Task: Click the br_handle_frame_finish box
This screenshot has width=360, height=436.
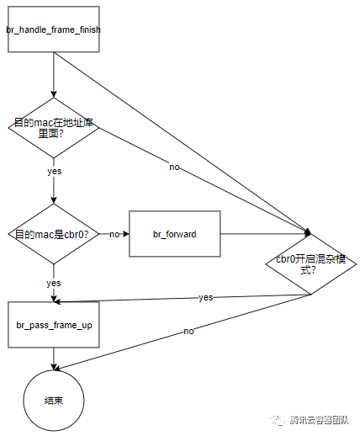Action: pyautogui.click(x=54, y=29)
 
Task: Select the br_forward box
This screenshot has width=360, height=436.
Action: pyautogui.click(x=175, y=234)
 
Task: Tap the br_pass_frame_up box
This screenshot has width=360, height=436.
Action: pyautogui.click(x=54, y=325)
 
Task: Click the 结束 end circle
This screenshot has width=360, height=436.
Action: pyautogui.click(x=54, y=401)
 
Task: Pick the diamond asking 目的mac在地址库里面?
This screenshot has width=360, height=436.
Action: pyautogui.click(x=54, y=128)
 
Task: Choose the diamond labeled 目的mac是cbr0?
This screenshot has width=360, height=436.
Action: pyautogui.click(x=54, y=234)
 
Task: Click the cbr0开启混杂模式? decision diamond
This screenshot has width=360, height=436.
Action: pyautogui.click(x=311, y=264)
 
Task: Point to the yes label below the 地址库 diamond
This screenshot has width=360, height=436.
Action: pyautogui.click(x=55, y=171)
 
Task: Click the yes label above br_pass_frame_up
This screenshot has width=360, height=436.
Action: pyautogui.click(x=54, y=283)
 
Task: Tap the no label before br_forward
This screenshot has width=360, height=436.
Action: pyautogui.click(x=114, y=234)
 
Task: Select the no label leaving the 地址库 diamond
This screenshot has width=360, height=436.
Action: pyautogui.click(x=174, y=167)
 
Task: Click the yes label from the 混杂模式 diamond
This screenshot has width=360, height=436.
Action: pyautogui.click(x=206, y=297)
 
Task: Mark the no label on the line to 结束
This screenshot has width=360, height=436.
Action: pyautogui.click(x=188, y=331)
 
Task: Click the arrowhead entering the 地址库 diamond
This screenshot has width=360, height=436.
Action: pyautogui.click(x=54, y=94)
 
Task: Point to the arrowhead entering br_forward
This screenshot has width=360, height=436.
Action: pyautogui.click(x=125, y=234)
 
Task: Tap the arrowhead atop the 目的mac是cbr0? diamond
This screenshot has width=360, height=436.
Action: pyautogui.click(x=54, y=200)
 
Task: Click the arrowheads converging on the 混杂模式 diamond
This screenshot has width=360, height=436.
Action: pyautogui.click(x=308, y=231)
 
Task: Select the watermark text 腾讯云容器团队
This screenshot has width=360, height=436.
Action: pyautogui.click(x=319, y=420)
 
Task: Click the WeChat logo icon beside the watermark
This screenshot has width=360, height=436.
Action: pyautogui.click(x=278, y=420)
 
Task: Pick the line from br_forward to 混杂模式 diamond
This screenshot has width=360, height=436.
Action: pyautogui.click(x=265, y=233)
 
